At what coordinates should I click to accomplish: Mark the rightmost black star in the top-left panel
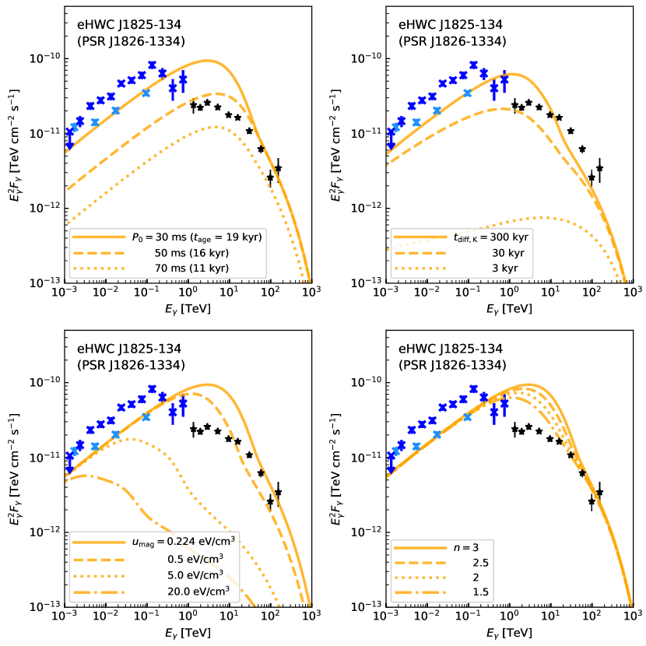point(278,168)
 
